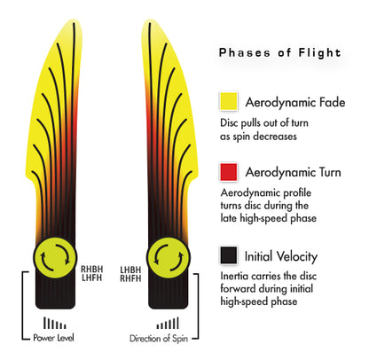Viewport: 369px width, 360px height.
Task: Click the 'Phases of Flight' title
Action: [280, 53]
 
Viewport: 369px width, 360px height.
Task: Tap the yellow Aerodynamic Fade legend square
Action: [229, 101]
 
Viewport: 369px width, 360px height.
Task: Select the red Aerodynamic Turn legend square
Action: [229, 172]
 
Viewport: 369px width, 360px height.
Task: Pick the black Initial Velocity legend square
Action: [229, 254]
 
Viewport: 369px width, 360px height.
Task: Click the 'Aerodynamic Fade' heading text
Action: [295, 103]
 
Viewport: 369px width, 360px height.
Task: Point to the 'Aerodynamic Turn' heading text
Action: [293, 172]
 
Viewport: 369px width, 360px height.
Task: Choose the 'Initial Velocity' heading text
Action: [281, 256]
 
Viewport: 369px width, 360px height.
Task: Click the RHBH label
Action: [92, 270]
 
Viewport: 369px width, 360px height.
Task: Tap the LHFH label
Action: [92, 278]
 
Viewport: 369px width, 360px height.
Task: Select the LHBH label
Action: [130, 270]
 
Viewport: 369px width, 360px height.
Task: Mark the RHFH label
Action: [130, 278]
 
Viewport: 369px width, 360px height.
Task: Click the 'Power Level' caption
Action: [53, 338]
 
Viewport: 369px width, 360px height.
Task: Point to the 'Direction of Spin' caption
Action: [159, 339]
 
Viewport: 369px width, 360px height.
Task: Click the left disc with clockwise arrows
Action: [55, 257]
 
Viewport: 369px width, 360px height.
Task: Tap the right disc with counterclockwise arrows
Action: [169, 258]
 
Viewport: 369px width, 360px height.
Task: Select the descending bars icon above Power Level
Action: [55, 324]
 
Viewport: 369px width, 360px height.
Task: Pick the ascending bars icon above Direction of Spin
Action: [168, 323]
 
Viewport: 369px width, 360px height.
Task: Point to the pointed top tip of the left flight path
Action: [73, 20]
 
